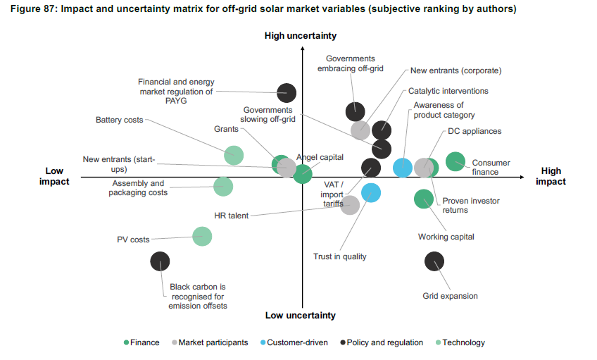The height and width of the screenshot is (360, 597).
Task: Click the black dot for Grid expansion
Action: (x=434, y=261)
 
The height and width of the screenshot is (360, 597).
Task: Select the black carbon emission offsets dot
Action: (x=161, y=261)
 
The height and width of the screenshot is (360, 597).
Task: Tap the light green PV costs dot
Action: (x=202, y=236)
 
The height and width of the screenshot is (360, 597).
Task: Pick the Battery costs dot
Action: (x=234, y=155)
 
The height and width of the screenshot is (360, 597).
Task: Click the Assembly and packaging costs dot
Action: (x=223, y=186)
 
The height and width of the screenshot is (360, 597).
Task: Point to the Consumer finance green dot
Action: (x=455, y=161)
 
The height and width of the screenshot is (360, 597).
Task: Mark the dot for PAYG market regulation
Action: (x=287, y=92)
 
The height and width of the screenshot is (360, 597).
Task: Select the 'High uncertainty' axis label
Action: (x=301, y=36)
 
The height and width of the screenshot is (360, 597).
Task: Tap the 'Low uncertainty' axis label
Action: (x=301, y=316)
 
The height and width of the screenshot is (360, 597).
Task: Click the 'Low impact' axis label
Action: (x=54, y=176)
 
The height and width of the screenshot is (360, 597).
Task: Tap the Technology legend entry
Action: (x=460, y=342)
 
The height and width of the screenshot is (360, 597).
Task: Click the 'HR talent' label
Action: (x=232, y=216)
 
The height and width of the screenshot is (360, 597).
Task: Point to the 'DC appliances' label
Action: (x=475, y=131)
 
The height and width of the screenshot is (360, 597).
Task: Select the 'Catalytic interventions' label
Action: (x=448, y=91)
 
